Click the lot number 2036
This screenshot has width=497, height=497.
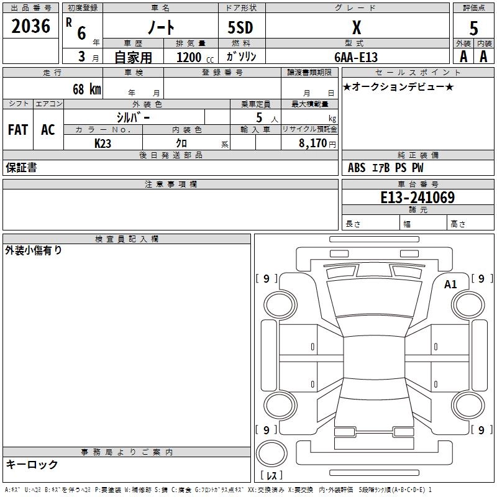pos(31,27)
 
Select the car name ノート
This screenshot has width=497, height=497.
pos(160,27)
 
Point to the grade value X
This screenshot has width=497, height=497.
pos(356,27)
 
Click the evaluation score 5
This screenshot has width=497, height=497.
pos(474,29)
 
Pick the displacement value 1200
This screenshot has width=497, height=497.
pos(189,57)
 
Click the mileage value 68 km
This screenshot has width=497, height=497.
pos(86,89)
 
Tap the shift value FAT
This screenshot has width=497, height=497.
pos(17,130)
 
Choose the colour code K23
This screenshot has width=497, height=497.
pos(103,143)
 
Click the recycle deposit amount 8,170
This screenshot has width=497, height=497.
pos(312,143)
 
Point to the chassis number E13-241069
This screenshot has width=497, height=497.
pos(417,198)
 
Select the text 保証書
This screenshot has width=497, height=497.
pos(21,167)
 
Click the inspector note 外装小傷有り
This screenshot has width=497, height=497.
pos(34,250)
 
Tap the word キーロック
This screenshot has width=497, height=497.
pos(32,464)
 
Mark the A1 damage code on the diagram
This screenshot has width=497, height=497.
pos(450,284)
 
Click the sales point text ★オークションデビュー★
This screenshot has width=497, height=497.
pos(398,86)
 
